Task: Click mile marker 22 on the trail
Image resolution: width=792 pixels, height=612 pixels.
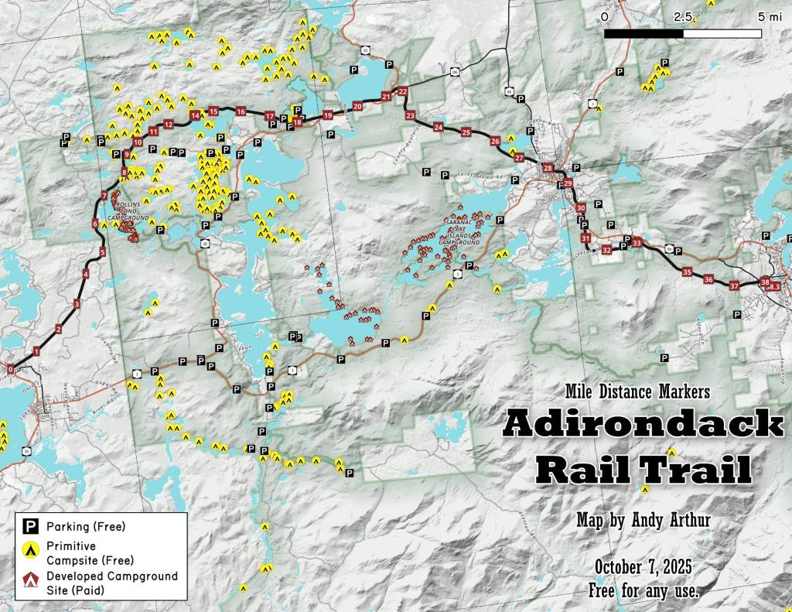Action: [x=403, y=91]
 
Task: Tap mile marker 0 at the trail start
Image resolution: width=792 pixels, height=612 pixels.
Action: [x=10, y=370]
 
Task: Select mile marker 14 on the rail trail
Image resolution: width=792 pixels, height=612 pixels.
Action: [x=195, y=115]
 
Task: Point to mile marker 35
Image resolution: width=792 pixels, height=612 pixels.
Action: [x=687, y=272]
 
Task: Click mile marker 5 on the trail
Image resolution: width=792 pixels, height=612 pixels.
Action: [x=102, y=252]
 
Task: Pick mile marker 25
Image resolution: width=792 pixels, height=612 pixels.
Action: [x=466, y=132]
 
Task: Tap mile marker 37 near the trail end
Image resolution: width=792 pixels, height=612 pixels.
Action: [x=735, y=285]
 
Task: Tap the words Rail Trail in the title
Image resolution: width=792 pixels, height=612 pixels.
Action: [x=643, y=469]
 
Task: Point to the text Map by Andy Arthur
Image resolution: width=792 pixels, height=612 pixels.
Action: [x=643, y=521]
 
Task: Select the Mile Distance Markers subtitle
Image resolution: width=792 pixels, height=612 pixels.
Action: [x=637, y=391]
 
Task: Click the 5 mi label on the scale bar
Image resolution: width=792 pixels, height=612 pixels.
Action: [x=770, y=16]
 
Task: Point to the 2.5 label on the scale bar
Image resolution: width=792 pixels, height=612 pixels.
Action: [x=682, y=16]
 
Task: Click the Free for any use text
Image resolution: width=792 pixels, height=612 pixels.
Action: [x=643, y=591]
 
